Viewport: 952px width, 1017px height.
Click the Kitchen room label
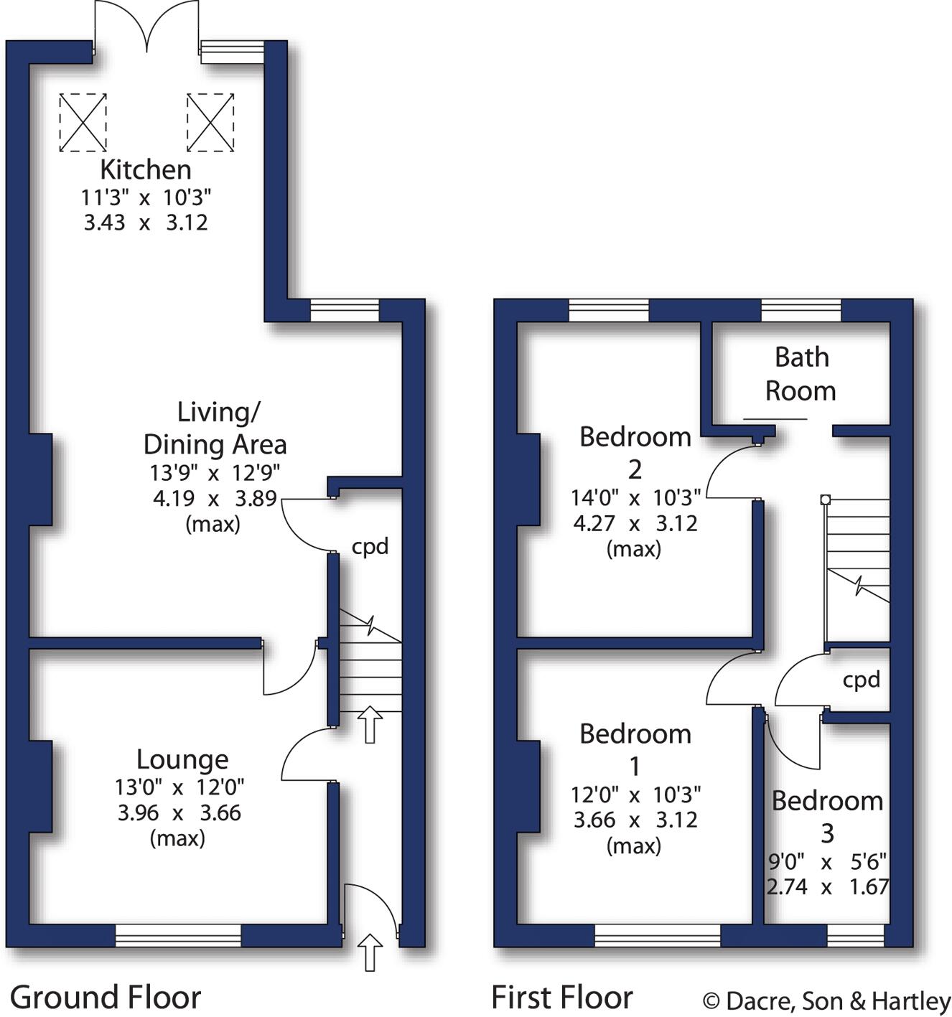(x=146, y=170)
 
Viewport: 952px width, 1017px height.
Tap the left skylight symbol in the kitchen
(x=83, y=122)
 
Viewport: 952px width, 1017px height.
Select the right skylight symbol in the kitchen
(x=210, y=122)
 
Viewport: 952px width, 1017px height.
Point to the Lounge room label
(x=182, y=759)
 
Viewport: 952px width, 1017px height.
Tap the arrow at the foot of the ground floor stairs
(x=370, y=724)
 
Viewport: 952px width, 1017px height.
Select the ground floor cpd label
(x=370, y=547)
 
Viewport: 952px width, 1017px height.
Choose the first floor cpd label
(x=861, y=680)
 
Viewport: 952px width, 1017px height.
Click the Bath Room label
(x=801, y=374)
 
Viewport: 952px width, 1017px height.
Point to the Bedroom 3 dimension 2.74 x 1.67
(x=827, y=887)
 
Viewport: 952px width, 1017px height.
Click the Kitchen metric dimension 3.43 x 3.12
(x=146, y=222)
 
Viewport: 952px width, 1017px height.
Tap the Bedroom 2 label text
(x=635, y=452)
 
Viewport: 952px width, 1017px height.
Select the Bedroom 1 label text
(x=635, y=749)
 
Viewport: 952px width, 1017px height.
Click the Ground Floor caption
(x=106, y=998)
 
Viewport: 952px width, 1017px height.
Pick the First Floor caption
(x=562, y=998)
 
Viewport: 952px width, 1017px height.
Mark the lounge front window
(x=178, y=935)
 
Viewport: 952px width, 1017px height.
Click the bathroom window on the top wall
(x=801, y=311)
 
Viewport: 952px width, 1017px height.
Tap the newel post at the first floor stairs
(x=826, y=499)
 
